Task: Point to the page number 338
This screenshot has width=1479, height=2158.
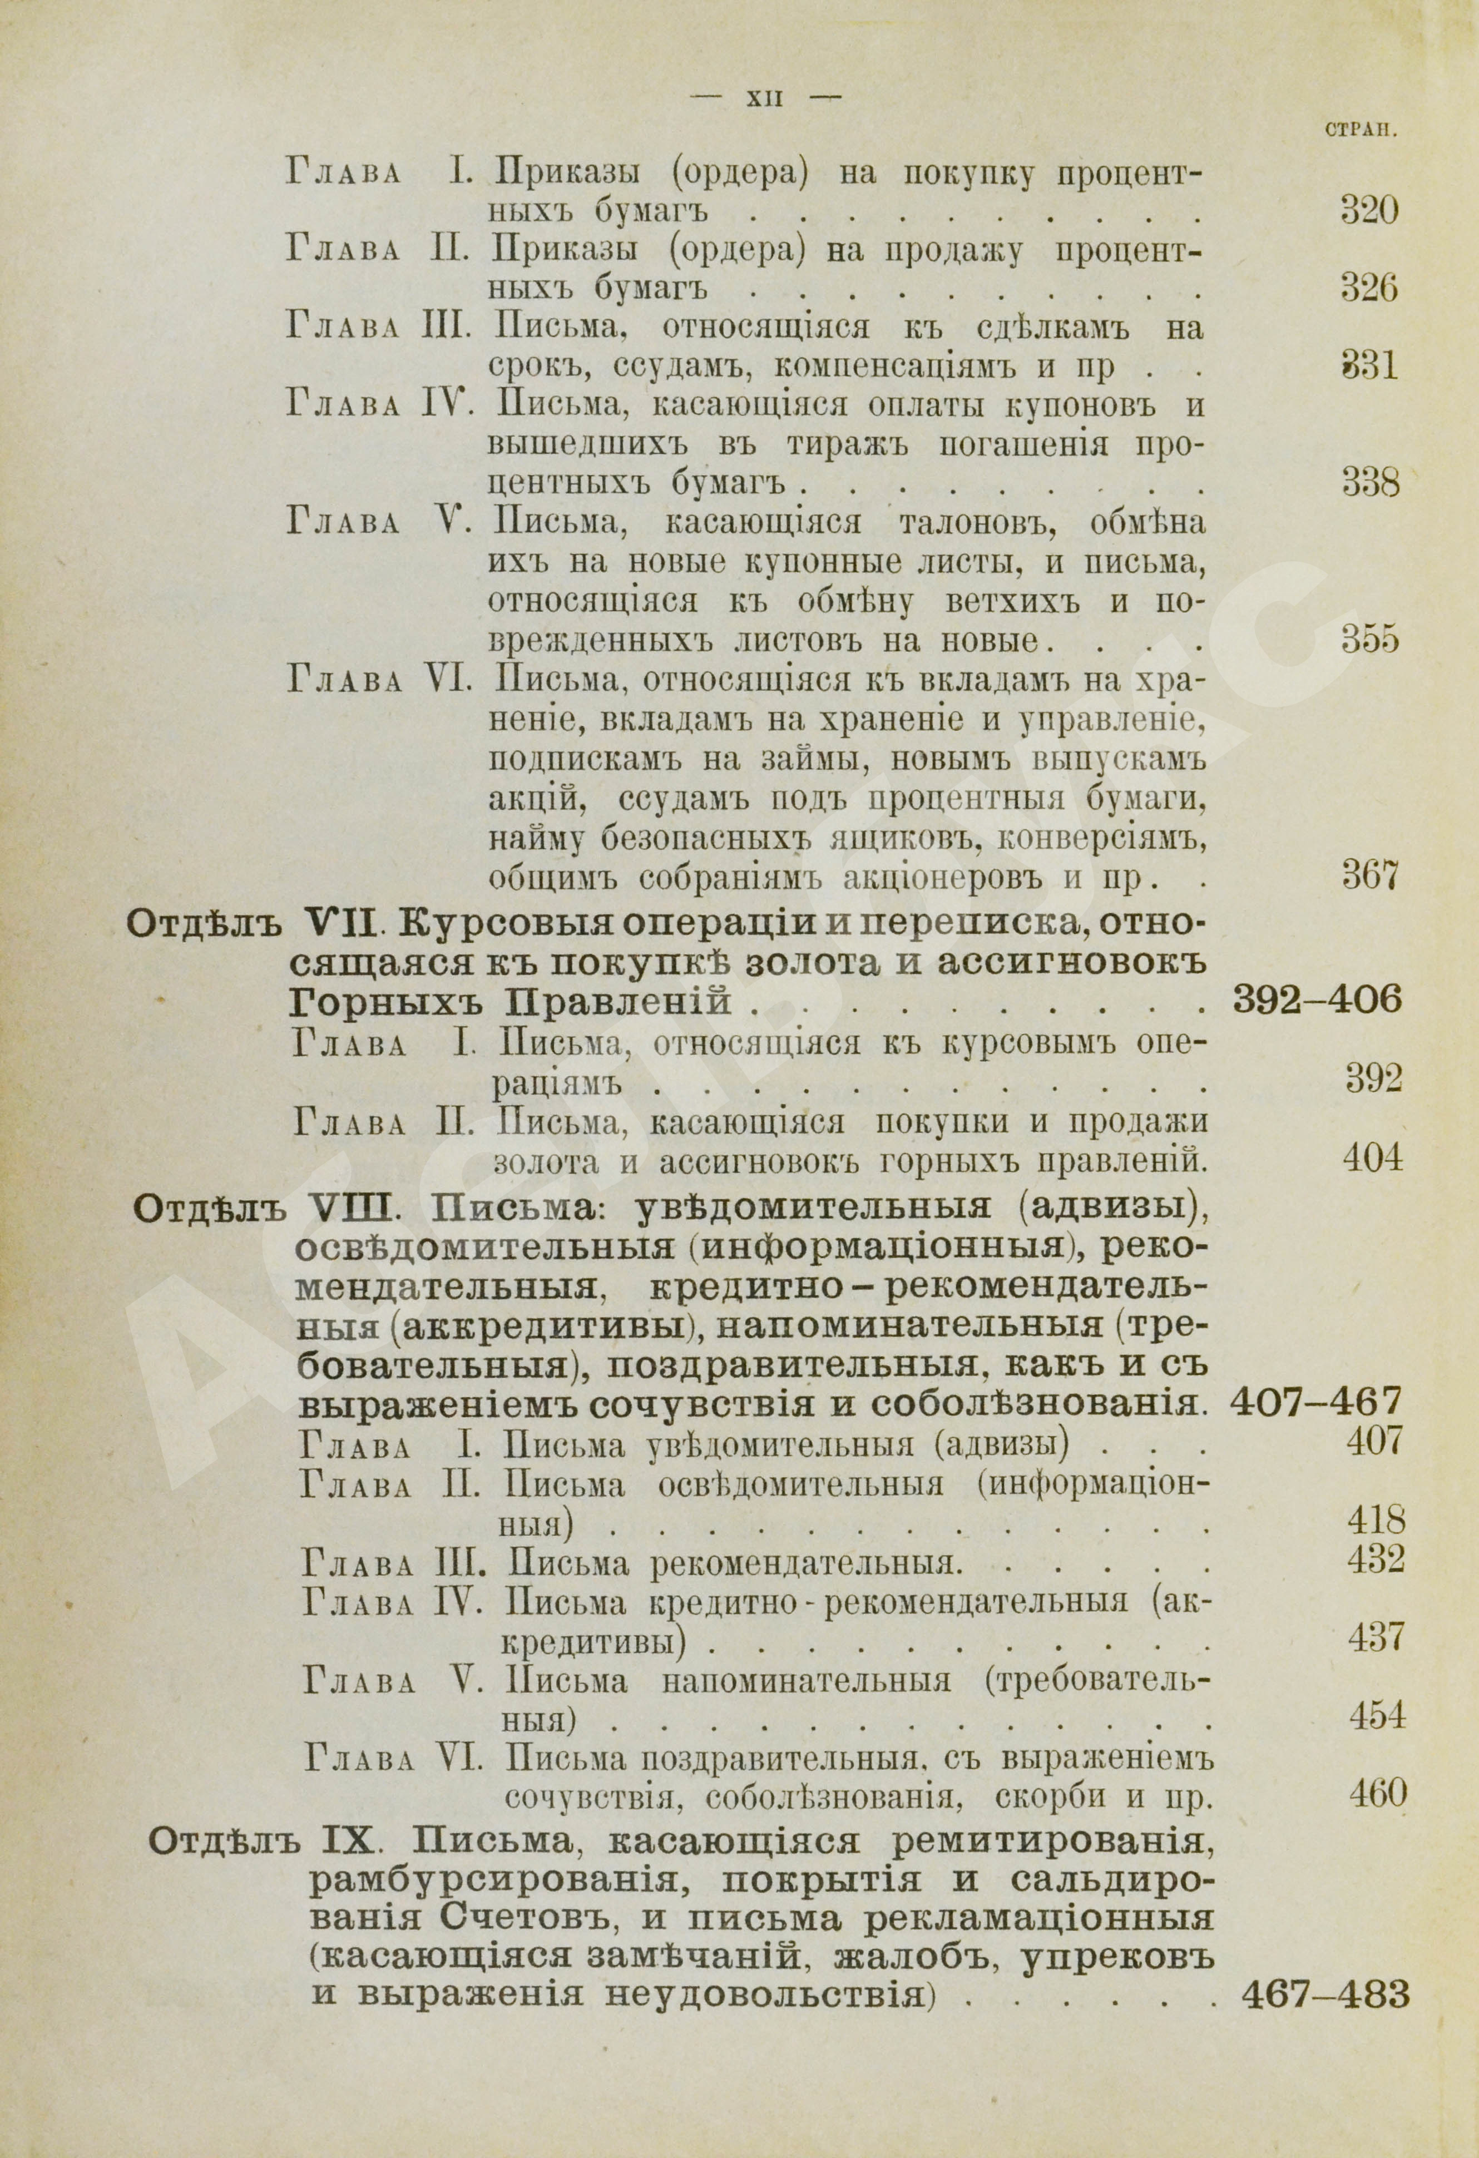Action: coord(1371,484)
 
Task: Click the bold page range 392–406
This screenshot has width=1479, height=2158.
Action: coord(1315,1001)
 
